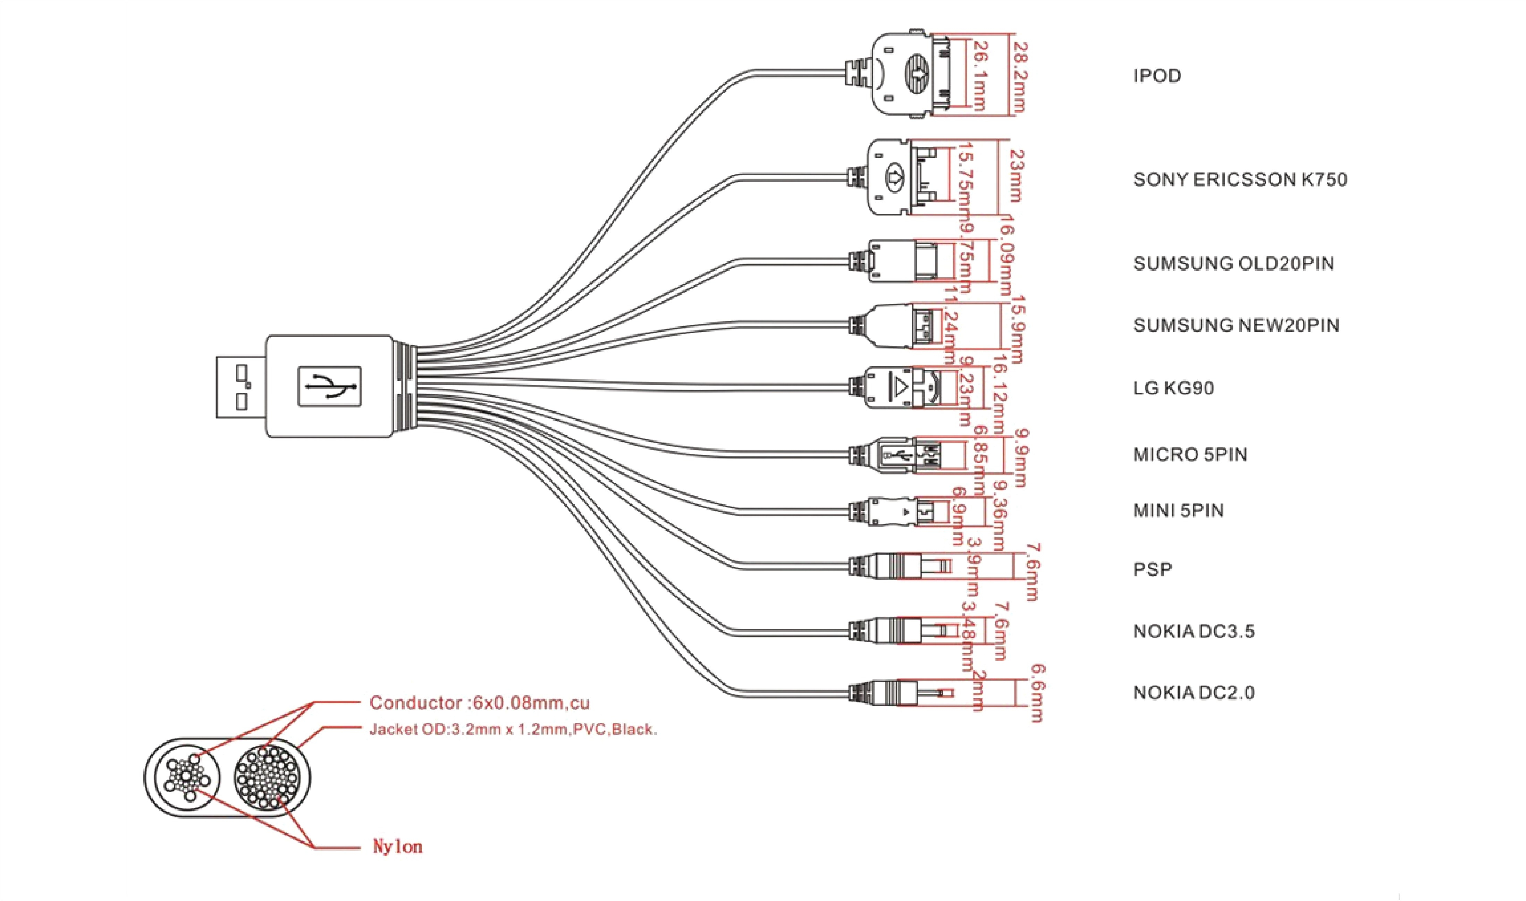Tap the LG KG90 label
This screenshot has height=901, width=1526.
1173,388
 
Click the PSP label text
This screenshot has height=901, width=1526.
1152,570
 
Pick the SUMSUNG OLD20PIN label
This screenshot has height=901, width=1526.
1233,263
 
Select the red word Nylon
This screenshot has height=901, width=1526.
397,847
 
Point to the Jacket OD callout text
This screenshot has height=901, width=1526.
513,729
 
